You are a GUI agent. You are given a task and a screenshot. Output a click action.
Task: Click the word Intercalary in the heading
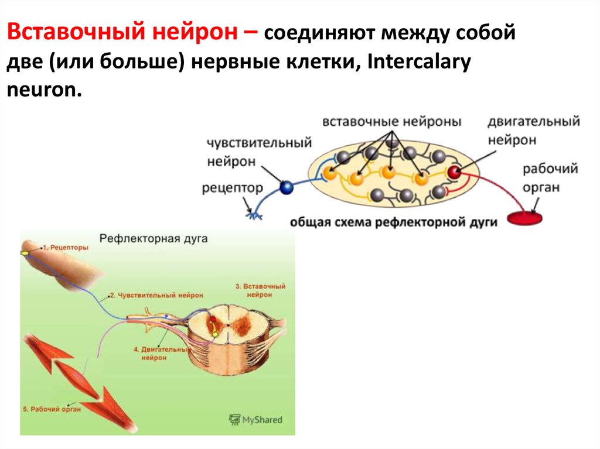point(419,64)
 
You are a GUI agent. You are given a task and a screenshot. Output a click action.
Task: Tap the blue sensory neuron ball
point(287,187)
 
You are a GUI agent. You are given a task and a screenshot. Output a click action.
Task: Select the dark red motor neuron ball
point(454,172)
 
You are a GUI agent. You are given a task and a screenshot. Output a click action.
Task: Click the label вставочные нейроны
point(391,122)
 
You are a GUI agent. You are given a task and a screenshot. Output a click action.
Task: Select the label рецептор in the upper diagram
point(232,188)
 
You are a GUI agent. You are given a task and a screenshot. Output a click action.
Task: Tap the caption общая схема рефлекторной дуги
point(393,222)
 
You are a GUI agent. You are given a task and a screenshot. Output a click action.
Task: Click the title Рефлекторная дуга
point(154,239)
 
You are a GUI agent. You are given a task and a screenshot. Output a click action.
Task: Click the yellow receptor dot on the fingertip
point(25,252)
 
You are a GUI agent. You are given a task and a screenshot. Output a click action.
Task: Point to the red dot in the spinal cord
point(213,321)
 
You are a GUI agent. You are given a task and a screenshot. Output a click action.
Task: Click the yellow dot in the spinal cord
point(214,334)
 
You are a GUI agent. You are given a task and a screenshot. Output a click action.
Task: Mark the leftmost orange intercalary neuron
point(330,173)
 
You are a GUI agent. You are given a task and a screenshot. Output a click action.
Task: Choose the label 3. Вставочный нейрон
point(260,291)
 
